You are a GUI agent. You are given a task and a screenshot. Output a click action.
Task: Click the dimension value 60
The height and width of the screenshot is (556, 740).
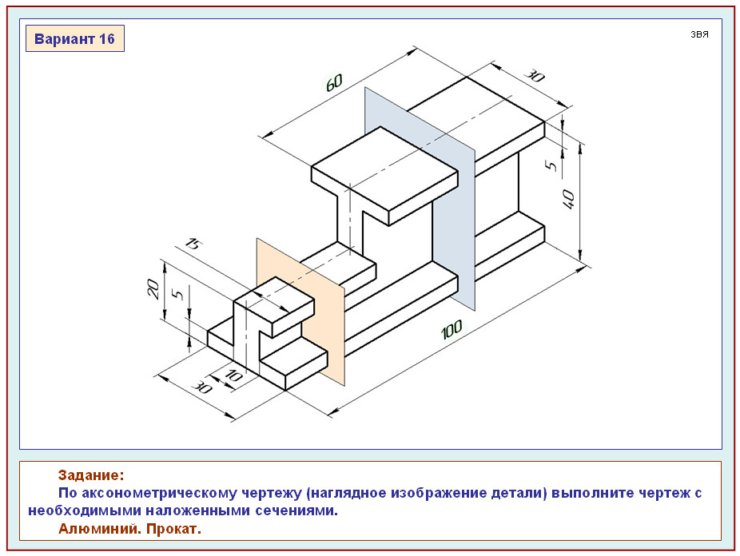click(x=334, y=82)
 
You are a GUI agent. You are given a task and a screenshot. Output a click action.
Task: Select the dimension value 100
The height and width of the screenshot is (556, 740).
click(x=452, y=329)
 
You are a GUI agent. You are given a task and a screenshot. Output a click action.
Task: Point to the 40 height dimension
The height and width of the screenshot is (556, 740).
click(x=569, y=199)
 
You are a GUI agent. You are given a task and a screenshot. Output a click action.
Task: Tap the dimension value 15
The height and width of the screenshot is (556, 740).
click(x=193, y=244)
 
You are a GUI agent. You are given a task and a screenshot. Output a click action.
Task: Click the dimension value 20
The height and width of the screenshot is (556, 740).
click(x=153, y=288)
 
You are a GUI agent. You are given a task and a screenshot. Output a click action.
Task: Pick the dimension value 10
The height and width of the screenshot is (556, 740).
click(x=233, y=375)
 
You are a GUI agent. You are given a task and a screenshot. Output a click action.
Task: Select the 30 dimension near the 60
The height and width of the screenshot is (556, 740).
click(x=535, y=75)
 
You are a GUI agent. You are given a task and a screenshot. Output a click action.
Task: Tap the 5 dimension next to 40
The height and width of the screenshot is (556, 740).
click(x=551, y=165)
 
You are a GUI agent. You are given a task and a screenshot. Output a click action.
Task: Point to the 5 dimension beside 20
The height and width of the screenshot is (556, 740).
click(x=177, y=294)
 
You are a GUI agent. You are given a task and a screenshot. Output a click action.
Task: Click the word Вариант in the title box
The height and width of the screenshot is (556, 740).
click(x=64, y=38)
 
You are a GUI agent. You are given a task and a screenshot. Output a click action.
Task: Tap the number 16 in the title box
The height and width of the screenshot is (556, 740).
click(x=107, y=38)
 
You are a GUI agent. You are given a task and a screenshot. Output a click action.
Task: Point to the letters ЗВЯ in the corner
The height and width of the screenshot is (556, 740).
click(x=699, y=34)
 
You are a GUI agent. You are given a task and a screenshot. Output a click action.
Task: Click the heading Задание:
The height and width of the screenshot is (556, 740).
click(x=91, y=475)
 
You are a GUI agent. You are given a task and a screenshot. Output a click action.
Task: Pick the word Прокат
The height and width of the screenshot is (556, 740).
click(x=173, y=529)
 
